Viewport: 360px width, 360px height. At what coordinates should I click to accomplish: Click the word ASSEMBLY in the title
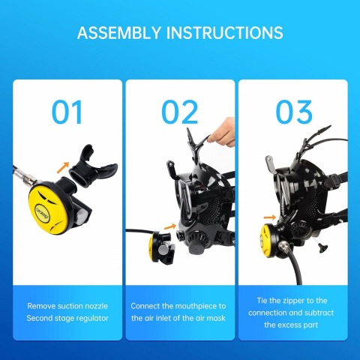[119, 33]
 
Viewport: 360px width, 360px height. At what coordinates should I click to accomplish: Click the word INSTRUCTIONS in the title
[224, 33]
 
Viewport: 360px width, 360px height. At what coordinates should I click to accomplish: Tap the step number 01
[67, 112]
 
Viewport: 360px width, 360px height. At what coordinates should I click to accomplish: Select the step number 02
[180, 112]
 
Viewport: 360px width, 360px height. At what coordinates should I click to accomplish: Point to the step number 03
[294, 112]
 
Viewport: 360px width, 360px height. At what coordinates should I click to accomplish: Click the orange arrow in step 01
[63, 167]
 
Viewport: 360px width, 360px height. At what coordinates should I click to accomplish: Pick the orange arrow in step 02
[170, 226]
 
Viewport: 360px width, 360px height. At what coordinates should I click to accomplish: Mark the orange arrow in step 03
[270, 217]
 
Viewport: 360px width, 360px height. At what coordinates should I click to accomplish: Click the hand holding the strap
[223, 132]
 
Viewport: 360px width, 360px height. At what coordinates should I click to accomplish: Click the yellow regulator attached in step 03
[271, 240]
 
